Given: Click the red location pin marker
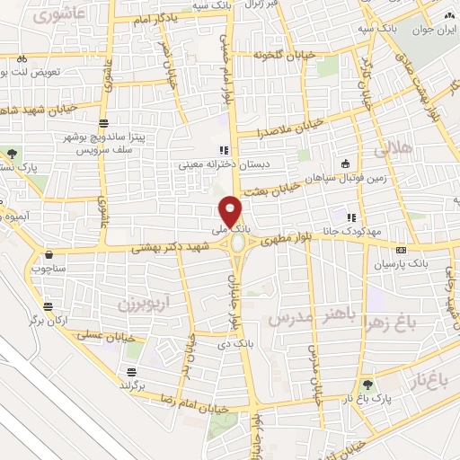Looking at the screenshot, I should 232,210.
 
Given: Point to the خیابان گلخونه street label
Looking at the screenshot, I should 286,56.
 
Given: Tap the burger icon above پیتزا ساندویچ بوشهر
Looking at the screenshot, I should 103,122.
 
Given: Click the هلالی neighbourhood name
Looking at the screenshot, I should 394,146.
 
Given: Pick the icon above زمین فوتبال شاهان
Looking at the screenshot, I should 346,163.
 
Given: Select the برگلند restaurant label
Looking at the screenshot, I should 132,385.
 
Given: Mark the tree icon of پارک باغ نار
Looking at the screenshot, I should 366,383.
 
